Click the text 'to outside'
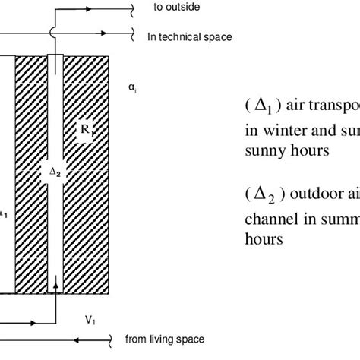click(173, 8)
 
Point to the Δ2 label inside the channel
click(55, 173)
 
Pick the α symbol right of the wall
click(132, 89)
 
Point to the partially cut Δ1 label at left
click(4, 213)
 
